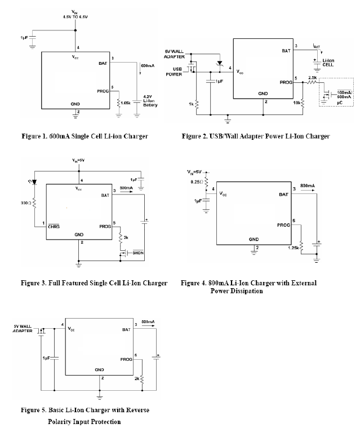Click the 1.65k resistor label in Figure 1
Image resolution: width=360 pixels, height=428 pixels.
[125, 103]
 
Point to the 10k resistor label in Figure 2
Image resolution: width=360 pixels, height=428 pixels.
[295, 103]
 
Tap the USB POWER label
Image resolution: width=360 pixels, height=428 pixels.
[174, 73]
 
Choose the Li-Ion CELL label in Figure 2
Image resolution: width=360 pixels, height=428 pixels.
[328, 63]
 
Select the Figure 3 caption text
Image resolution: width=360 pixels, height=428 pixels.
[94, 283]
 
